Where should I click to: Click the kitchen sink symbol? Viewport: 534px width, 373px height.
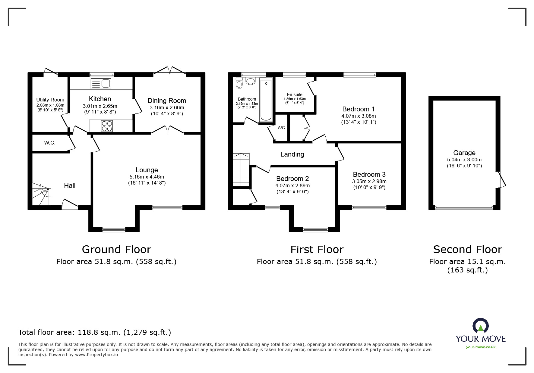101,83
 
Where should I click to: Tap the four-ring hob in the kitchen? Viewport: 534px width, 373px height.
107,126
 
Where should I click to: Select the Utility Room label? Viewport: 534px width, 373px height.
50,100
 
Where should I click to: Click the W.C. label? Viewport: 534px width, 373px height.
50,143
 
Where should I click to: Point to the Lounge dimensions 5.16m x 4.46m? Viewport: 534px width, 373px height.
147,177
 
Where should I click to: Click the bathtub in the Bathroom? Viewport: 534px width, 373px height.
266,99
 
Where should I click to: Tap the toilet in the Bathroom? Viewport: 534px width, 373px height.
239,82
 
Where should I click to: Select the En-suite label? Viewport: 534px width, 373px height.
295,95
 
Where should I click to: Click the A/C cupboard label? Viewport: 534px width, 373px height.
281,128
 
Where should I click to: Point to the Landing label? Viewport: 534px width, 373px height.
292,154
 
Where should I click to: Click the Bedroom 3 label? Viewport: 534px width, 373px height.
369,175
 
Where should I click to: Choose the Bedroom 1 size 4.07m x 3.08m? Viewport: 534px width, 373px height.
359,116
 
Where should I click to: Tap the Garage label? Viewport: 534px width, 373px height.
464,153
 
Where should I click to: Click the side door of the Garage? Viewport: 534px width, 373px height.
502,180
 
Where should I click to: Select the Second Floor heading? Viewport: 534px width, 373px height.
467,250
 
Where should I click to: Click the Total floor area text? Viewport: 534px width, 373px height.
95,332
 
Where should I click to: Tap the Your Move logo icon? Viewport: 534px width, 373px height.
480,326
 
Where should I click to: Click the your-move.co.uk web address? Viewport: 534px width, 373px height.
481,347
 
